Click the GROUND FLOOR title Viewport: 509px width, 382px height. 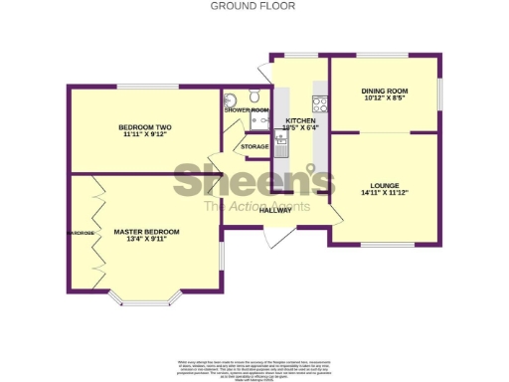tap(253, 6)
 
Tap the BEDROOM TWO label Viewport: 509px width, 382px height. tap(146, 127)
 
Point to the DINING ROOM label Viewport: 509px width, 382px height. tap(385, 91)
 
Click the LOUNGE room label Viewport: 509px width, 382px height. tap(384, 185)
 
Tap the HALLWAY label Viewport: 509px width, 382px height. tap(275, 210)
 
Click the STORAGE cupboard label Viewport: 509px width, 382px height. tap(254, 147)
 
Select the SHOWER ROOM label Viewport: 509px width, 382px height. tap(247, 109)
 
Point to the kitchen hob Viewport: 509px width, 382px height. tap(320, 102)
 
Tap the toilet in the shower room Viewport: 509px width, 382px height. tap(256, 96)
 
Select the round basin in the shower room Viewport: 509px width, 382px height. tap(231, 98)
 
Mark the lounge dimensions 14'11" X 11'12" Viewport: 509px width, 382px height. tap(384, 193)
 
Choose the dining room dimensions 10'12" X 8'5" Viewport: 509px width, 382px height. tap(385, 98)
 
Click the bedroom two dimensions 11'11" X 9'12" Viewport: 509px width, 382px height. tap(146, 135)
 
